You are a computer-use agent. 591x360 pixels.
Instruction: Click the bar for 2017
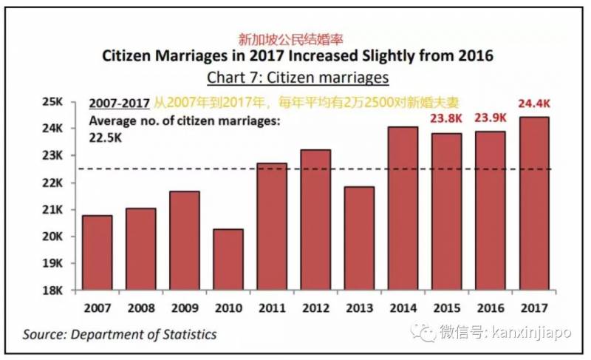click(x=533, y=203)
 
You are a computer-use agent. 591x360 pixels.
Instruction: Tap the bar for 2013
click(x=359, y=237)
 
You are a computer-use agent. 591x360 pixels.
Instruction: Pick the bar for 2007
click(x=97, y=252)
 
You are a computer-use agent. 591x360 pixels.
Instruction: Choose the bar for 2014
click(x=403, y=208)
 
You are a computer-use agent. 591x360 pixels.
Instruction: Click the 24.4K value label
click(x=534, y=104)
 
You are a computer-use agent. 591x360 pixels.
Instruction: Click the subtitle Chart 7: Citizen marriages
click(x=297, y=77)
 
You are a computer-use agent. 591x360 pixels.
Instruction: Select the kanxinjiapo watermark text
click(x=529, y=335)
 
